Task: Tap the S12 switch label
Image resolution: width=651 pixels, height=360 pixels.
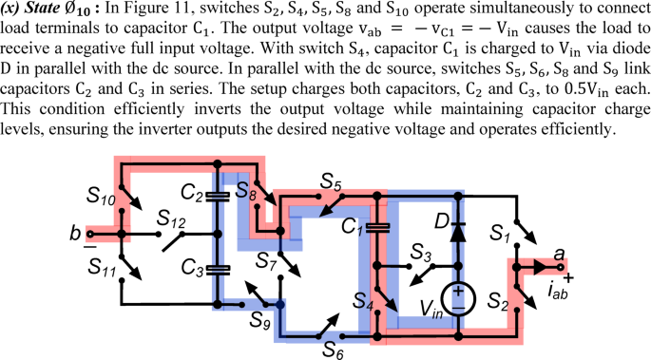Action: [171, 218]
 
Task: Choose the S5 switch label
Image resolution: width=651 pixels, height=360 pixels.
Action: [331, 180]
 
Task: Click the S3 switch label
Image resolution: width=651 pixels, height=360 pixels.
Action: [421, 253]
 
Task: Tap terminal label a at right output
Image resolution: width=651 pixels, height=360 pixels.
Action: [559, 254]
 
